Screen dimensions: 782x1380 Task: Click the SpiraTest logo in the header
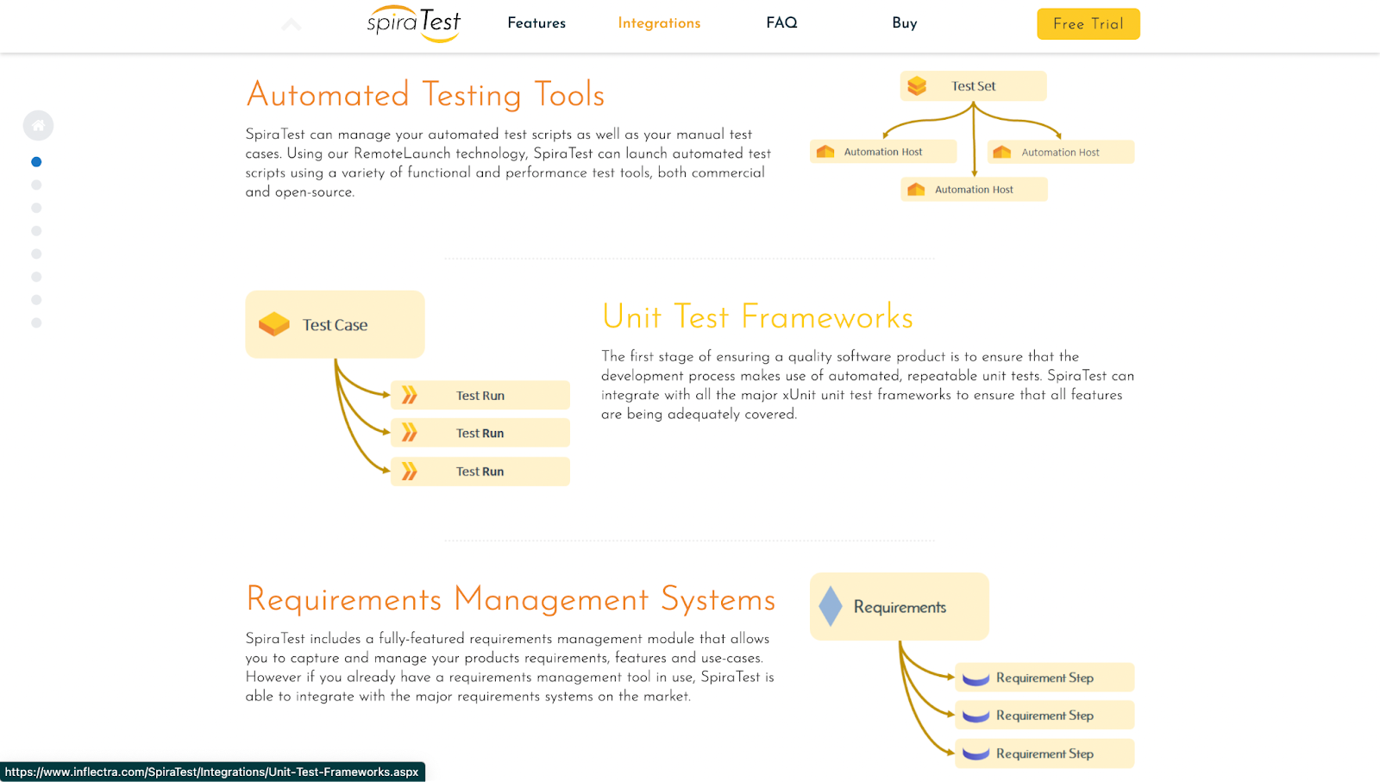pos(413,23)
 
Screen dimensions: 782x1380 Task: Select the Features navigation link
pos(536,23)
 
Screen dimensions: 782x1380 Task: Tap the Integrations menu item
pos(659,23)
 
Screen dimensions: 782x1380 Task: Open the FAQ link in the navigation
pos(781,23)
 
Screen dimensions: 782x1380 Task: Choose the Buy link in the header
pos(904,23)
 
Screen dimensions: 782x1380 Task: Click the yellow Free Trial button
pos(1088,24)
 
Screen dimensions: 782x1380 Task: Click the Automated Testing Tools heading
pos(425,95)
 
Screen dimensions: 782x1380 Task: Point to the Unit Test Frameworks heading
pos(757,317)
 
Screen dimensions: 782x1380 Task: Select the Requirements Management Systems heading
pos(511,599)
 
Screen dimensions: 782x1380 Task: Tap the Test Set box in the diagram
pos(973,86)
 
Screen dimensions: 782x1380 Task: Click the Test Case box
pos(335,325)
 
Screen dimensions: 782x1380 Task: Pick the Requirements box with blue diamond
pos(899,607)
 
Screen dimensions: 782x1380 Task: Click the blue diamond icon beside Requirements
pos(831,606)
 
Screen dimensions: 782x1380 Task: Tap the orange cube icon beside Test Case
pos(274,324)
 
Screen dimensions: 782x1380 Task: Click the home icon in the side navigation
pos(38,126)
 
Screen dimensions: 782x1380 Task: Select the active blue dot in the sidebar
pos(36,162)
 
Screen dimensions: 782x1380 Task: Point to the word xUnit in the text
pos(799,395)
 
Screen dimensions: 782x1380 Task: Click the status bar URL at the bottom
pos(212,773)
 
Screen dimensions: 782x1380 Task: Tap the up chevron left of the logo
pos(292,24)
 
